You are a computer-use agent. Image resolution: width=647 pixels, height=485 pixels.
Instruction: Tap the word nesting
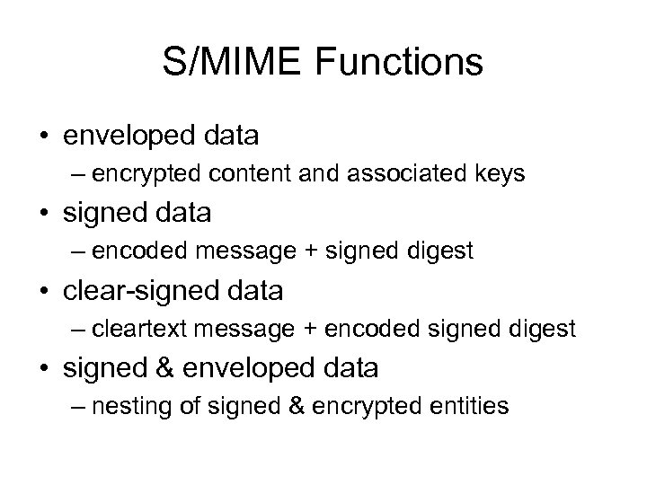pos(130,407)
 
